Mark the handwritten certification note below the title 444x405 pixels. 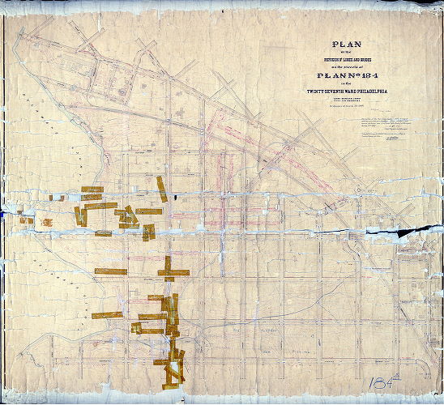tap(389, 130)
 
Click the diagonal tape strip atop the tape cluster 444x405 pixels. tap(162, 189)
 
